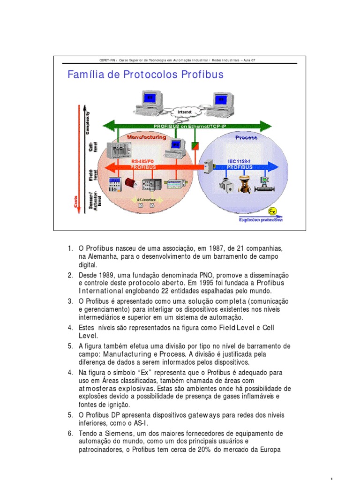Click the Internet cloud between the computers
[186, 112]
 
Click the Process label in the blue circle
[246, 137]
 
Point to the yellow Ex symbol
[272, 210]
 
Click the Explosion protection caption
[261, 219]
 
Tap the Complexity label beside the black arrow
[88, 122]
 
